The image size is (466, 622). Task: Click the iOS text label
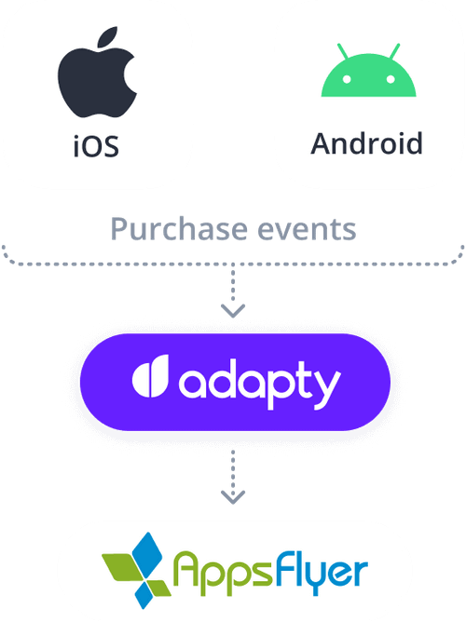coord(96,146)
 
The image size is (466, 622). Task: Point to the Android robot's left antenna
coord(343,51)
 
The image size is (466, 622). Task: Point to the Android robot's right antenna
coord(394,51)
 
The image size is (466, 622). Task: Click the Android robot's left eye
coord(347,79)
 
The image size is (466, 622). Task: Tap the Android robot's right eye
coord(391,79)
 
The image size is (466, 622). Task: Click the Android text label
coord(367,143)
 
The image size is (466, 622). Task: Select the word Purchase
coord(180,229)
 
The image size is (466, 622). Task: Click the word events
coord(307,230)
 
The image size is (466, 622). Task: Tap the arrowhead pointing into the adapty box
coord(233,311)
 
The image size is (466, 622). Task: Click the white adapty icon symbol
coord(150,376)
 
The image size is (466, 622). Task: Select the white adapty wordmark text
coord(260,384)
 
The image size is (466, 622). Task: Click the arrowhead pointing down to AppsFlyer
coord(233,497)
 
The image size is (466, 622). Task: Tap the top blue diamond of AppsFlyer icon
coord(147,552)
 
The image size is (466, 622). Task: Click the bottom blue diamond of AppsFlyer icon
coord(144,594)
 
